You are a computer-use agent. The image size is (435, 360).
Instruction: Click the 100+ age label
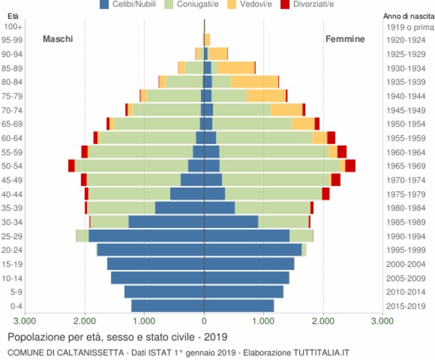13,26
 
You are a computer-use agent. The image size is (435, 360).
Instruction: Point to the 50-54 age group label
13,166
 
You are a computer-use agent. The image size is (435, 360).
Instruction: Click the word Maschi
58,39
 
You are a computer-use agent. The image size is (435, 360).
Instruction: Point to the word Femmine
345,39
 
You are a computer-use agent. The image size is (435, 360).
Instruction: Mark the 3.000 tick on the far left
25,321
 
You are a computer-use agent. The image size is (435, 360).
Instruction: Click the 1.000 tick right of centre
264,321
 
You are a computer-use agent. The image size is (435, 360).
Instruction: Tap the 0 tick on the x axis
204,321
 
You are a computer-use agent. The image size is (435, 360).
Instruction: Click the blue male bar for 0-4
167,306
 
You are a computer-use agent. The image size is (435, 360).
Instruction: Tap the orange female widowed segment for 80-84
254,82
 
